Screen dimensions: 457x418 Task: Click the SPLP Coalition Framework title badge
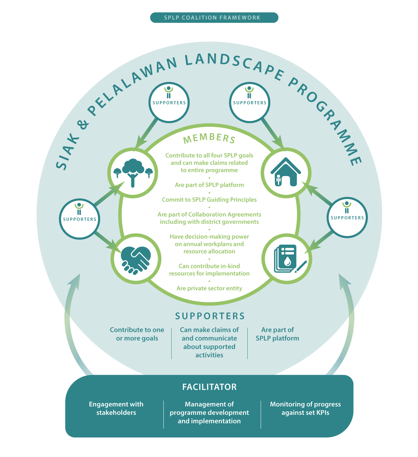214,17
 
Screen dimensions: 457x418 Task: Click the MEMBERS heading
209,138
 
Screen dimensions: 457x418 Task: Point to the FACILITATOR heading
209,387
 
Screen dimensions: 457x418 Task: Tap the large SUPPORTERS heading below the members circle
210,316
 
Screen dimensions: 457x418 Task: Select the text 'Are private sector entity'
209,288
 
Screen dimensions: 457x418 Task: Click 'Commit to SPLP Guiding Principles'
209,200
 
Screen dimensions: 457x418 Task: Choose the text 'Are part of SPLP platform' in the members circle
209,185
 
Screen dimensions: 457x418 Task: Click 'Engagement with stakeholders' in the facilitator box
116,408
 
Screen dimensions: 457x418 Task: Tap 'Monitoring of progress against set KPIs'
305,408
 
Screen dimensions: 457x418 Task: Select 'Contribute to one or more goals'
137,334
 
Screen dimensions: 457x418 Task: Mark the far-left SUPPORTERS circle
79,219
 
